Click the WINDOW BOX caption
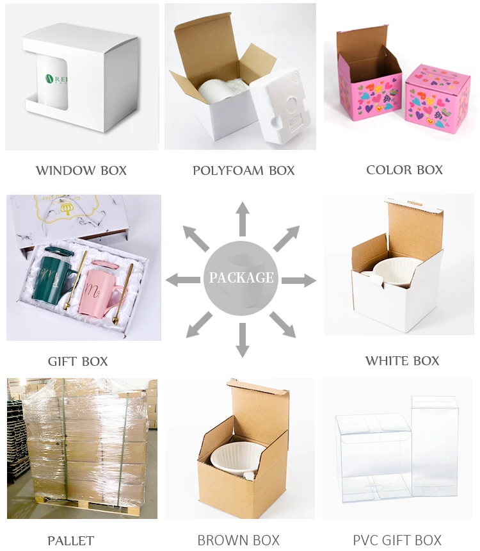point(81,170)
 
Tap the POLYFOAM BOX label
point(243,170)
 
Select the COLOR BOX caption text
point(404,170)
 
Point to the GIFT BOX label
point(77,361)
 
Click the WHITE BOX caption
point(402,361)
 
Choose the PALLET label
point(70,541)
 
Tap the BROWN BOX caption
point(238,541)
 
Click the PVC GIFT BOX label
point(397,541)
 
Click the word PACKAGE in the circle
point(241,278)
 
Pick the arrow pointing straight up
point(243,218)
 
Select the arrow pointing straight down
point(242,340)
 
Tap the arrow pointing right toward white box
point(300,280)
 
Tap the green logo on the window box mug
point(49,79)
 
